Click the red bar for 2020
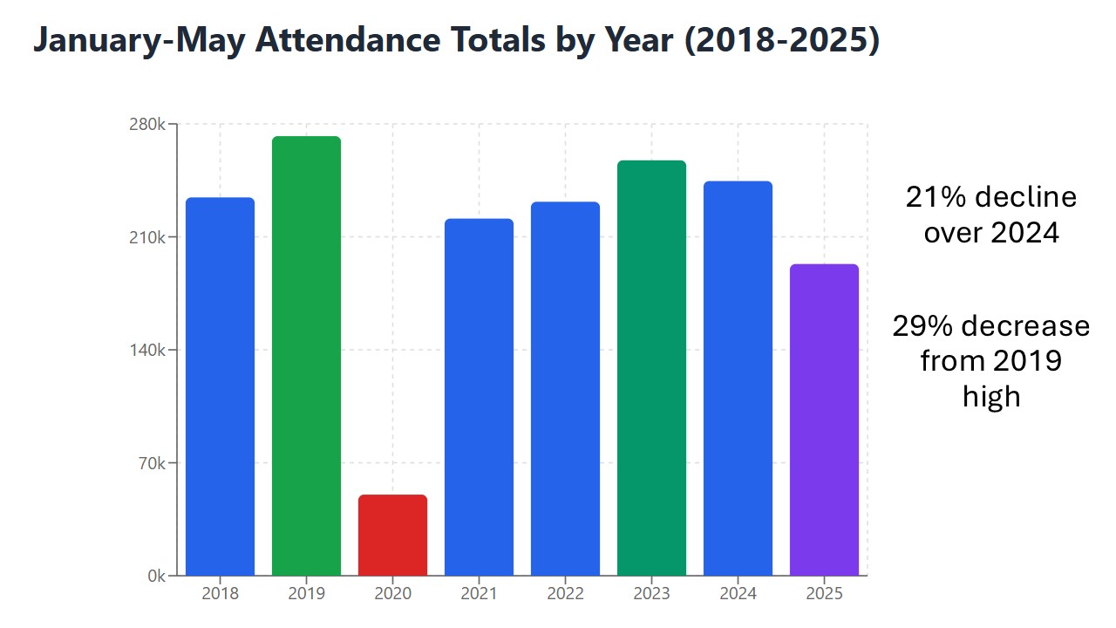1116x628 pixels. [392, 536]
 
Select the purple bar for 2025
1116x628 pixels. [824, 420]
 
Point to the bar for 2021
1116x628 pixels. [479, 397]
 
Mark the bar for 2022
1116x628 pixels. [565, 389]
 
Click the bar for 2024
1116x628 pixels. [738, 379]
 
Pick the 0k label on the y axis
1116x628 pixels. [157, 576]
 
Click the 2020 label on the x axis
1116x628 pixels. [392, 594]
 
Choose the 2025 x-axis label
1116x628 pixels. [824, 594]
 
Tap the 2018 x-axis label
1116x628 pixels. [220, 594]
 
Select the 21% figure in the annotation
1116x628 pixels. [936, 197]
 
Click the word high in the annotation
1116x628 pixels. [991, 396]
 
